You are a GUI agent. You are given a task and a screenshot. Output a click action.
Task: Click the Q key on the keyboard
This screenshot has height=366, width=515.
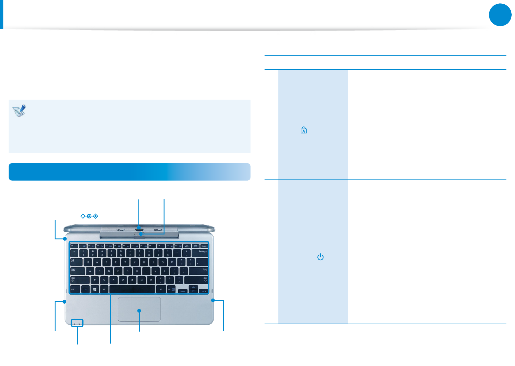coord(88,262)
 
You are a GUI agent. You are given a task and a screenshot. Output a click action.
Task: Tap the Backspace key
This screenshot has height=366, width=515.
coord(199,253)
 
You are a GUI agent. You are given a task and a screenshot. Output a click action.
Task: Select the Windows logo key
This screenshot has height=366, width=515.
coord(95,289)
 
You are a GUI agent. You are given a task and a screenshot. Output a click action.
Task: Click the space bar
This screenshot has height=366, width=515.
coord(132,289)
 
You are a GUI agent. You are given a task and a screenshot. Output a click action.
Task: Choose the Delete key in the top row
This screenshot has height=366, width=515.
coord(204,246)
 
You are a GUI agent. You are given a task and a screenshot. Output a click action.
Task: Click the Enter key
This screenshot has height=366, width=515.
coord(198,271)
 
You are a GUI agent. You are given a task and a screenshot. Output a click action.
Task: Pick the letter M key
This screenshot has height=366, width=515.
coord(151,280)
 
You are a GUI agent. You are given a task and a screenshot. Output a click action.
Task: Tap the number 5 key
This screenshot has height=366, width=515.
coord(121,253)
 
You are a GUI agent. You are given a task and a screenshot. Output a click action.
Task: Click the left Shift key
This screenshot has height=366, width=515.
coord(79,280)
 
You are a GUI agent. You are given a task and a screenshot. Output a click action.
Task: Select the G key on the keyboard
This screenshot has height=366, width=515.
coord(127,271)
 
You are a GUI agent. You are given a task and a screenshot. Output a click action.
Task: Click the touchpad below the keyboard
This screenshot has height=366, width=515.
coord(139,309)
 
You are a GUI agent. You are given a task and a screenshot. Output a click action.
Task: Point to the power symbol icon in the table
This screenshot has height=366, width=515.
coord(320,257)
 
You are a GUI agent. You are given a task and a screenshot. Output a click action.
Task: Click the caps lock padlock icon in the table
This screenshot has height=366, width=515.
coord(304,130)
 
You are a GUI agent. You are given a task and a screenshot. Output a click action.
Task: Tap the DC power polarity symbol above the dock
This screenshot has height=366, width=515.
coord(89,216)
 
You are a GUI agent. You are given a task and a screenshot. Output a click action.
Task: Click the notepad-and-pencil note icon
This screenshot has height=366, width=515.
coord(19,111)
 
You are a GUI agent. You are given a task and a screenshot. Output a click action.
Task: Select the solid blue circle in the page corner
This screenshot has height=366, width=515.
coord(500,15)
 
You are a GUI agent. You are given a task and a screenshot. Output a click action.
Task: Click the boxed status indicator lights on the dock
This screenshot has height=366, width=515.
coord(77,323)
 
